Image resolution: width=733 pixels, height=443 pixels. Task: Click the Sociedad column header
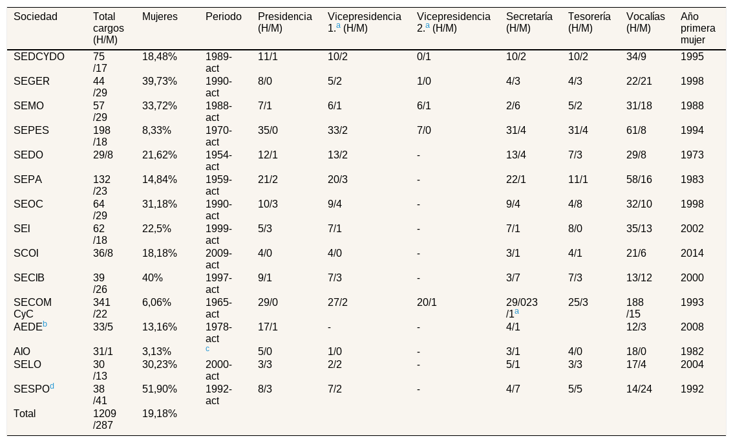point(36,17)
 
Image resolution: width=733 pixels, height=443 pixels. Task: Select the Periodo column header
point(224,17)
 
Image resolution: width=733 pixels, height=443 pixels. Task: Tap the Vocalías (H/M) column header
point(646,23)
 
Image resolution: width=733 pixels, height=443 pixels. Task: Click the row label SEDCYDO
point(39,57)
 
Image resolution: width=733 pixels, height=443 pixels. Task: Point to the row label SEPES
point(31,131)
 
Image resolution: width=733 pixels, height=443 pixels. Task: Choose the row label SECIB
point(29,278)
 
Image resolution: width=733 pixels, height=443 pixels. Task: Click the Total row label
point(25,413)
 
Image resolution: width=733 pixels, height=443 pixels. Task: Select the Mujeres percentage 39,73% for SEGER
point(160,81)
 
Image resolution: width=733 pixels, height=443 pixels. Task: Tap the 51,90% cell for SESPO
point(160,389)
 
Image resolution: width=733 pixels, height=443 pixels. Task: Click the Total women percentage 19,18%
point(160,413)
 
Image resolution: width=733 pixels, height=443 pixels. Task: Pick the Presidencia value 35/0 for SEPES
point(268,131)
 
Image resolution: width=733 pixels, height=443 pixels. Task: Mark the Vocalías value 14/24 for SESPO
point(639,389)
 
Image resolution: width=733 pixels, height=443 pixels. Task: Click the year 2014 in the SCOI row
point(692,254)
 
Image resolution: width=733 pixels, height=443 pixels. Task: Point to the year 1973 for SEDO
point(692,155)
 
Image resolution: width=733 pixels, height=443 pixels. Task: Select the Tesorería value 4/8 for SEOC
point(575,204)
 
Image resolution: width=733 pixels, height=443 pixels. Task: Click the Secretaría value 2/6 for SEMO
point(513,105)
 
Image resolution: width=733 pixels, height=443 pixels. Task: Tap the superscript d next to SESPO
point(52,386)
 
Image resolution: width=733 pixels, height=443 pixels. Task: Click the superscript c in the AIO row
point(207,349)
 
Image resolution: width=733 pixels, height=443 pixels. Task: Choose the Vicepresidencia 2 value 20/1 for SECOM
point(427,303)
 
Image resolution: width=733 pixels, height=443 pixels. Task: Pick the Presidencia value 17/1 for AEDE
point(268,327)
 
